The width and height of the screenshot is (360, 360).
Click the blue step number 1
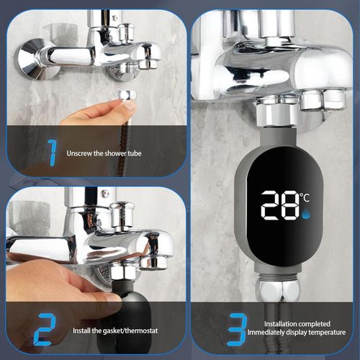(x=52, y=152)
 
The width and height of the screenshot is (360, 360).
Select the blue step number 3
(x=237, y=329)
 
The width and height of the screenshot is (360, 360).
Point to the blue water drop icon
(x=306, y=213)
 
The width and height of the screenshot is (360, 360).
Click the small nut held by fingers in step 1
(x=127, y=96)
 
